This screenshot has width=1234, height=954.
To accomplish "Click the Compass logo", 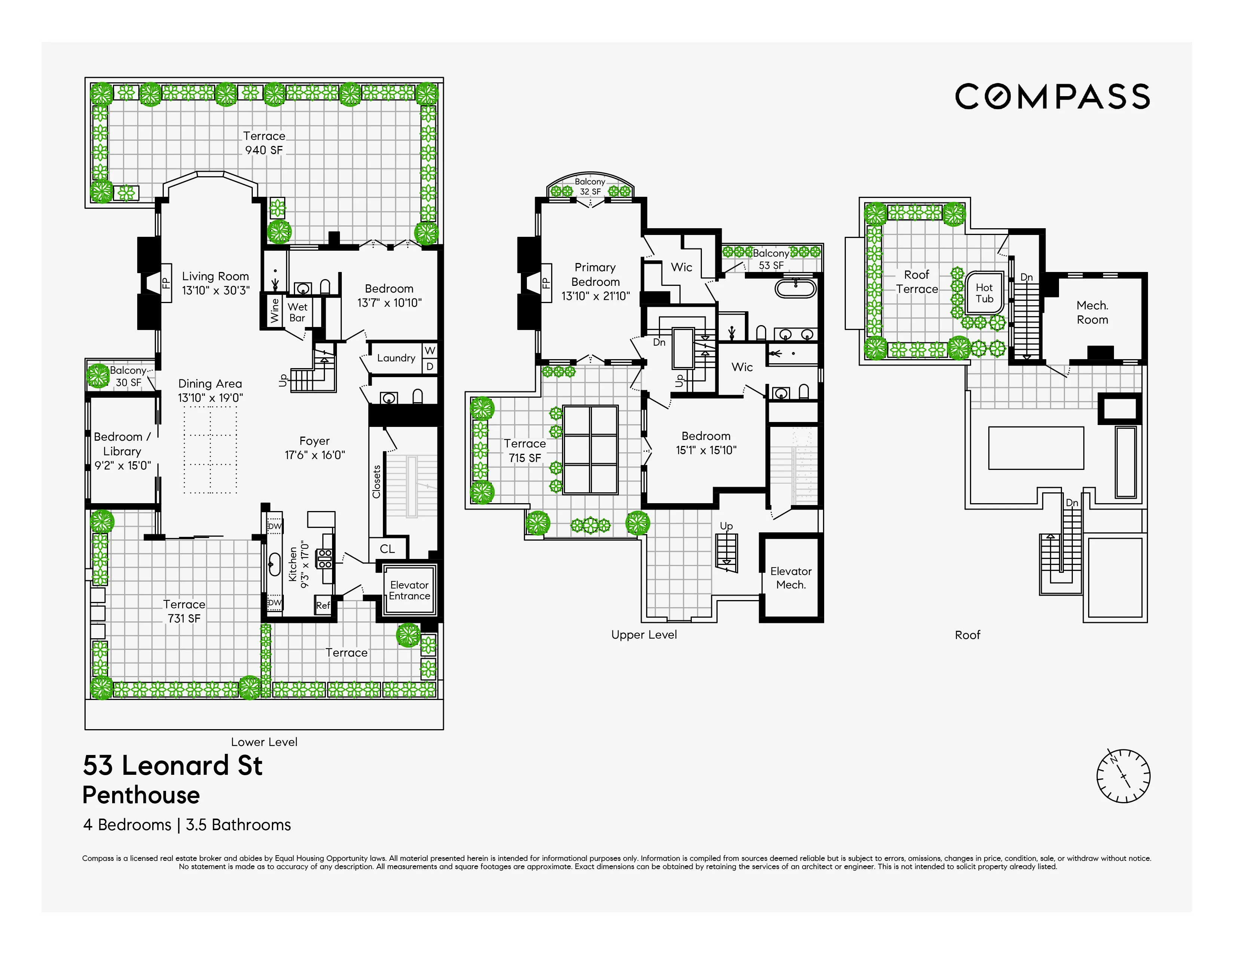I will point(1052,97).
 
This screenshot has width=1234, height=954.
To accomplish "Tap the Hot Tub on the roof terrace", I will point(984,293).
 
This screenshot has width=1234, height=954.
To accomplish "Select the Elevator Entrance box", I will point(409,590).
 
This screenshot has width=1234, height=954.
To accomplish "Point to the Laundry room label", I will point(396,358).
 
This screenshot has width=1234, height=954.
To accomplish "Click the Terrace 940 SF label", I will point(264,143).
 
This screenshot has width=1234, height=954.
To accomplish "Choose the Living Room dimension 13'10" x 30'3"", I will point(215,290).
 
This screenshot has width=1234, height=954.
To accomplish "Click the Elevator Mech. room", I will point(791,578).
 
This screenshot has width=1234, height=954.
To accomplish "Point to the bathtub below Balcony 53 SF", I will point(795,288).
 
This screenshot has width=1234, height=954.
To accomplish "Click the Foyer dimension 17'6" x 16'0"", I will point(315,455).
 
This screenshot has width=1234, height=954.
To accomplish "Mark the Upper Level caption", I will point(644,635).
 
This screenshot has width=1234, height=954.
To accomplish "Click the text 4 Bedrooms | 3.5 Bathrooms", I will point(187,825).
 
